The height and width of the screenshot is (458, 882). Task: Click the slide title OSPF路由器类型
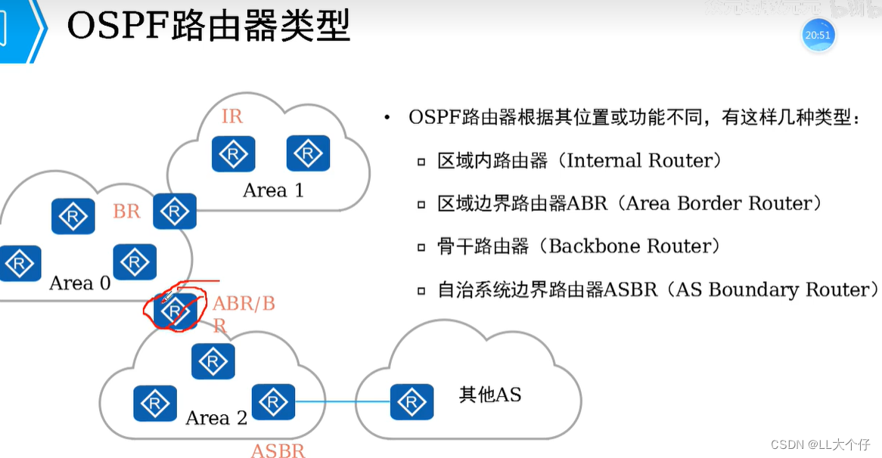(x=209, y=28)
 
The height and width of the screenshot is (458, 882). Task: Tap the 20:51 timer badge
(x=817, y=35)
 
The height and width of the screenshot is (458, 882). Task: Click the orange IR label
(x=231, y=116)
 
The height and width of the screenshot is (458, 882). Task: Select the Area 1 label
(x=273, y=190)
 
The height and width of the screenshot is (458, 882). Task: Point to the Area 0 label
(x=79, y=283)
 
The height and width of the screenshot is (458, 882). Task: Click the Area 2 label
(x=216, y=418)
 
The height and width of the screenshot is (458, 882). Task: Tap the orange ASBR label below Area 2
(x=278, y=451)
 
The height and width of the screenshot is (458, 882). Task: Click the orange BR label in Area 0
(x=126, y=212)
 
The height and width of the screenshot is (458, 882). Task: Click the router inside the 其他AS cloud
(x=412, y=402)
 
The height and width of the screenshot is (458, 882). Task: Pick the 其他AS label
(x=490, y=395)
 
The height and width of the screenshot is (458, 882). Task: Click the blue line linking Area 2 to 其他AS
(x=342, y=402)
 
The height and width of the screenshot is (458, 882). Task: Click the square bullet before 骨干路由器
(x=421, y=247)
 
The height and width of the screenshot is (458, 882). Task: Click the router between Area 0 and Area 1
(x=175, y=212)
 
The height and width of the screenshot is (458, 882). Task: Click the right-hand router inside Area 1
(x=309, y=153)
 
